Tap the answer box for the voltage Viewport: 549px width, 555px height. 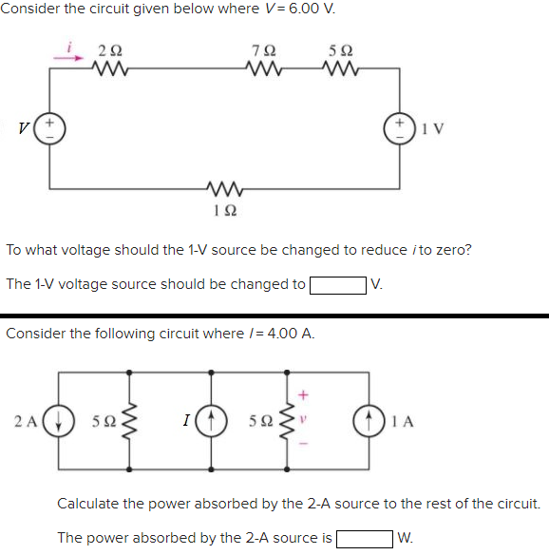[337, 284]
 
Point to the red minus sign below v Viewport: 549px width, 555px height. [304, 444]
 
